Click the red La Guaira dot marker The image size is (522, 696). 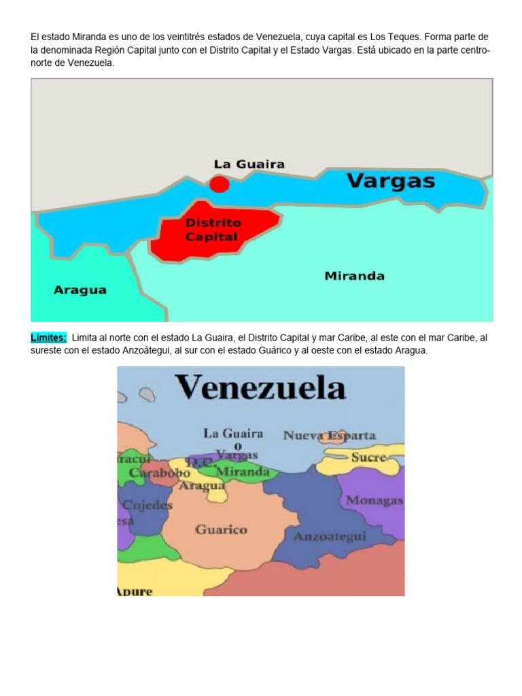click(x=219, y=184)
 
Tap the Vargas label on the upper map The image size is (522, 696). click(x=391, y=181)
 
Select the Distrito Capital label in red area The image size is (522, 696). click(x=213, y=230)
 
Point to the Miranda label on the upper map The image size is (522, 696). click(x=354, y=276)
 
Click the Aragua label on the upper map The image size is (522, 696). click(x=80, y=290)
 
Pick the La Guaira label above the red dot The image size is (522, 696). click(x=249, y=164)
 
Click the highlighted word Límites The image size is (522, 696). click(x=48, y=338)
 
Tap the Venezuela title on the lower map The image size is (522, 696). click(x=262, y=389)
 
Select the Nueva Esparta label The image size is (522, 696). click(x=330, y=436)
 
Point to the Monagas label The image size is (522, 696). click(x=375, y=500)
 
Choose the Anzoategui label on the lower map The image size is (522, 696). click(x=330, y=536)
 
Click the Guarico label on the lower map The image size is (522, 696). click(x=221, y=529)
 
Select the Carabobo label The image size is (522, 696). click(x=160, y=472)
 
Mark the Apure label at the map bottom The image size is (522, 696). click(x=135, y=591)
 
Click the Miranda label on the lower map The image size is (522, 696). click(x=243, y=471)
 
